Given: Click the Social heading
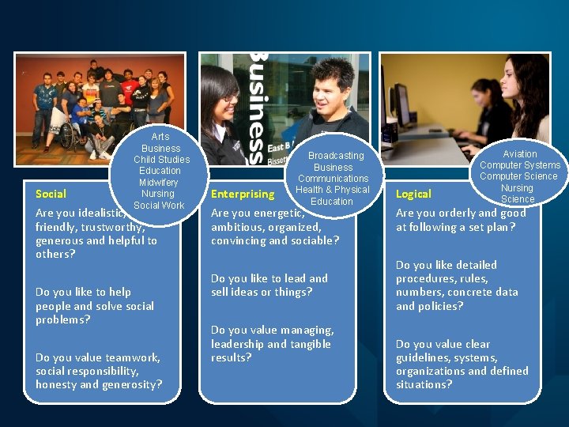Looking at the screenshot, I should tap(51, 194).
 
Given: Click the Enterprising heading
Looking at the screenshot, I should tap(243, 194).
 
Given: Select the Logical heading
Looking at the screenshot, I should tap(413, 194).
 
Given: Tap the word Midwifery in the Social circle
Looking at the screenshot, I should tap(160, 183).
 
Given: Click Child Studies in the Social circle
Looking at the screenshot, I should tap(161, 160).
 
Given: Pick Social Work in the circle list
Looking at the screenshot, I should tap(159, 206).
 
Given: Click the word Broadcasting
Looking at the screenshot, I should tap(336, 156).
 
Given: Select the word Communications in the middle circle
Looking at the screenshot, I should tap(333, 179).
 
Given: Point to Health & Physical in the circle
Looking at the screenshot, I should tap(333, 190).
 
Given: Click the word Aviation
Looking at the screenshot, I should tap(519, 154).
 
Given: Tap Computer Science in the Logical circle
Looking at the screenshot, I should tap(518, 176).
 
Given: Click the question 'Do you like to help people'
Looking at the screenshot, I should tap(95, 306).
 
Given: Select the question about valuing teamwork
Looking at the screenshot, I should tap(99, 371).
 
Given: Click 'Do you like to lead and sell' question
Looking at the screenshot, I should tap(269, 285).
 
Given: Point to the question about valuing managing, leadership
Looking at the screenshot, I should tap(272, 344).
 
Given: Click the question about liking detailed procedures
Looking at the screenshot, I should tap(457, 285).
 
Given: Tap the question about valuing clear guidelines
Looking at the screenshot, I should tap(462, 365).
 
